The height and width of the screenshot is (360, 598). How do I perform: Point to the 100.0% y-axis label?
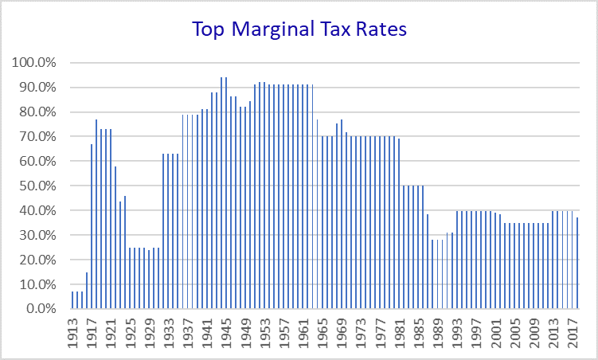(34, 62)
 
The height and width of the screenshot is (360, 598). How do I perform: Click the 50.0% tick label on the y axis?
(37, 186)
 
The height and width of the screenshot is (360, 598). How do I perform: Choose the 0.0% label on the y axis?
(41, 309)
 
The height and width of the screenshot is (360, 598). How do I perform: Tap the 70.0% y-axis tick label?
(37, 136)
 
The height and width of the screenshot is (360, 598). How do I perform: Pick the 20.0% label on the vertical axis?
(37, 260)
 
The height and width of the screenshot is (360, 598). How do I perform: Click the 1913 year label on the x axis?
(72, 333)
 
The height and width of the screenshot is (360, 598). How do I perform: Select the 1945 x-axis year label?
(226, 333)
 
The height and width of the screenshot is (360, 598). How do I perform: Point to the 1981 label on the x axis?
(399, 333)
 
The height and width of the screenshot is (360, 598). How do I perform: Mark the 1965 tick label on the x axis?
(322, 333)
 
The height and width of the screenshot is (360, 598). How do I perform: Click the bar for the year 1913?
(72, 299)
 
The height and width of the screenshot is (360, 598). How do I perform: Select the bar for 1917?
(92, 226)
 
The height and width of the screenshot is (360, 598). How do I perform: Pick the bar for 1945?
(226, 193)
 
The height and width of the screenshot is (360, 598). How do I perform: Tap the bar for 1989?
(437, 274)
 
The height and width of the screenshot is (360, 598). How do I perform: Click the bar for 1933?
(168, 231)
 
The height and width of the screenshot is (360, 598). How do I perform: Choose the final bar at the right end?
(577, 263)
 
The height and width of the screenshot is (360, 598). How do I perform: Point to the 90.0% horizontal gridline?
(325, 88)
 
